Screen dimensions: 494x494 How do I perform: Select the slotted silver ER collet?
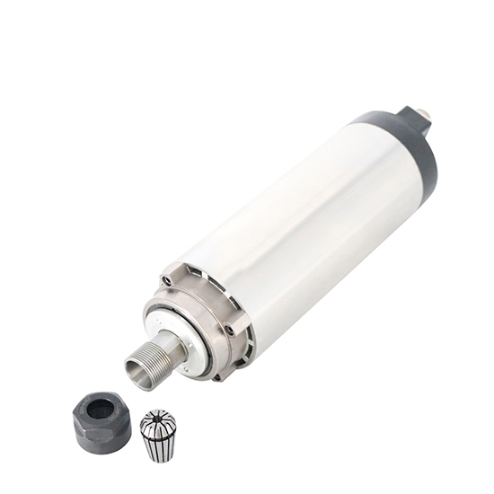click(x=158, y=434)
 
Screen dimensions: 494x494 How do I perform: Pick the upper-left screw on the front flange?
click(x=166, y=281)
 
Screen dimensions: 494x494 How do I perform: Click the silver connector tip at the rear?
click(x=423, y=114)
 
